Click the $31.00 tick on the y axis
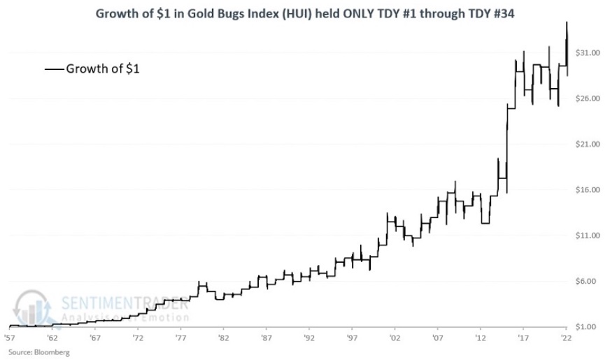(587, 53)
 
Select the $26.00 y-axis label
(587, 99)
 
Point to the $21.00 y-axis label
(587, 145)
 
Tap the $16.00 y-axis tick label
(587, 190)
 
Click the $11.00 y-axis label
(587, 236)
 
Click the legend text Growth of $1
(103, 69)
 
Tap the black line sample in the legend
(54, 69)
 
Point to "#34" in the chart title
(502, 12)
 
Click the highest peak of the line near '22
(567, 22)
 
